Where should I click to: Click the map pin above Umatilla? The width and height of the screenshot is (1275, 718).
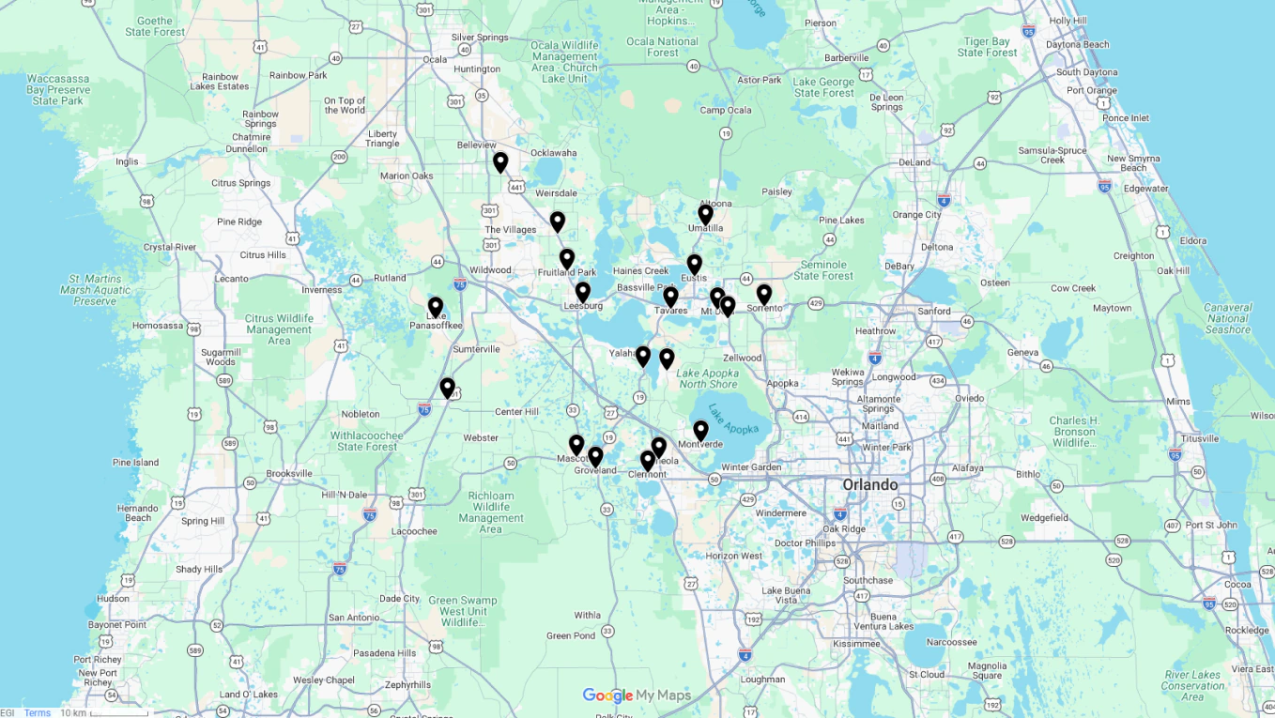pyautogui.click(x=705, y=214)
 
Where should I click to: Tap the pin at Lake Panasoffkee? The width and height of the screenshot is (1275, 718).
pyautogui.click(x=436, y=307)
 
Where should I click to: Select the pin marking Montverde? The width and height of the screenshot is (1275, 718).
pyautogui.click(x=700, y=430)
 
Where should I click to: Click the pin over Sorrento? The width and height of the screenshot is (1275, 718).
pyautogui.click(x=764, y=294)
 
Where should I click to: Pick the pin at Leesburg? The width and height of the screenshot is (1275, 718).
pyautogui.click(x=583, y=292)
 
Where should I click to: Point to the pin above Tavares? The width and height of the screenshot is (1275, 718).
pyautogui.click(x=670, y=297)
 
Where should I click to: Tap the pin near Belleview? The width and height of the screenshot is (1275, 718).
pyautogui.click(x=500, y=162)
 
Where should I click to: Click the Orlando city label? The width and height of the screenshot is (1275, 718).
pyautogui.click(x=869, y=484)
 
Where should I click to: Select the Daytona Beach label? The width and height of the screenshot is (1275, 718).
pyautogui.click(x=1077, y=44)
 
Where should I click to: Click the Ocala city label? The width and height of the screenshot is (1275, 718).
pyautogui.click(x=435, y=59)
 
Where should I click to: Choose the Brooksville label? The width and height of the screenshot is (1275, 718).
pyautogui.click(x=289, y=474)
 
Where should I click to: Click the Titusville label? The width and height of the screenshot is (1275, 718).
pyautogui.click(x=1200, y=438)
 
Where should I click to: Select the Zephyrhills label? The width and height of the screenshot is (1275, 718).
pyautogui.click(x=407, y=685)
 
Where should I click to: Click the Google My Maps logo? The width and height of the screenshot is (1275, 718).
pyautogui.click(x=637, y=695)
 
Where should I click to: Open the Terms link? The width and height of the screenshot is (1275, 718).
pyautogui.click(x=38, y=713)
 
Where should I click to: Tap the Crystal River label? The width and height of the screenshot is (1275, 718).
pyautogui.click(x=170, y=247)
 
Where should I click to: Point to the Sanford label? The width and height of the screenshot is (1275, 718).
pyautogui.click(x=934, y=312)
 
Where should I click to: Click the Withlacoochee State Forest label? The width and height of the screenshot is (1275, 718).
pyautogui.click(x=367, y=441)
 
